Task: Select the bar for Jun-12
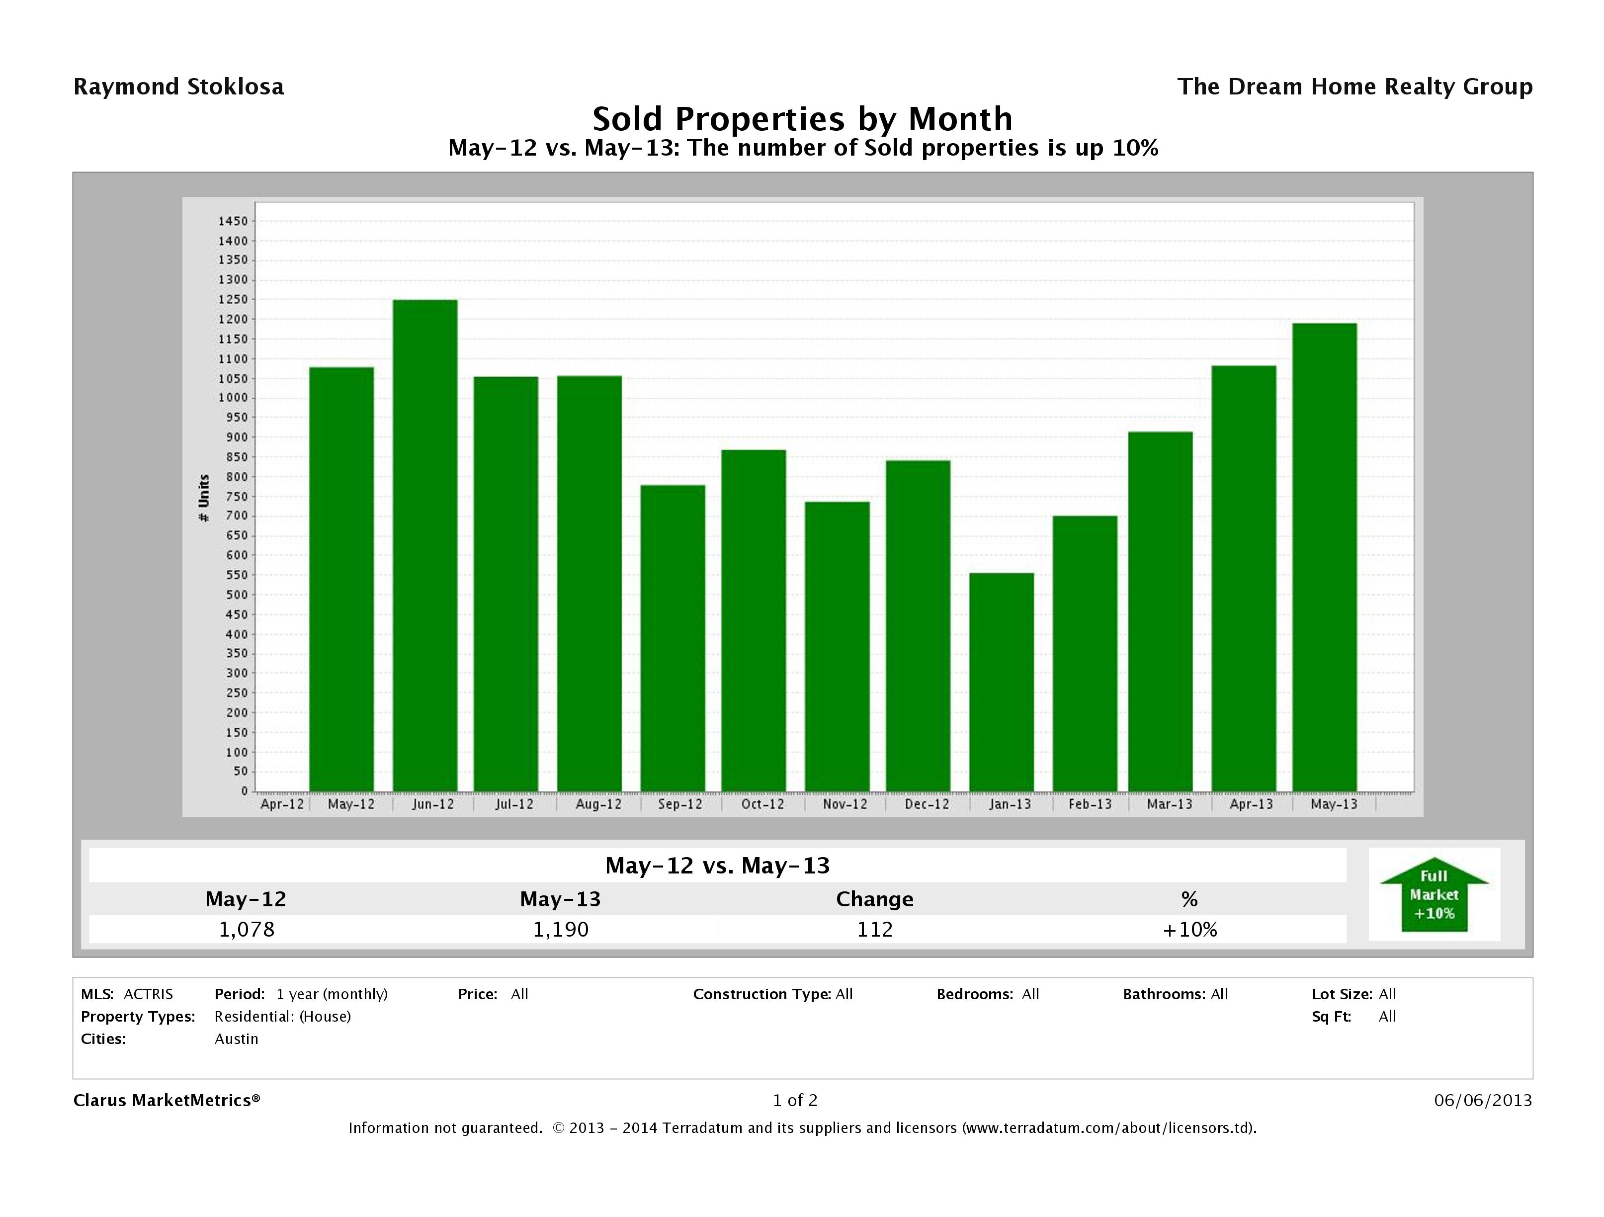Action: (x=425, y=545)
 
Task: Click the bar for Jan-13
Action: (x=1002, y=682)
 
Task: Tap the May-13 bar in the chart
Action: (x=1324, y=557)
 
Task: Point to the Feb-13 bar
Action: (x=1085, y=653)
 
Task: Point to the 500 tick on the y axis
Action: (x=237, y=595)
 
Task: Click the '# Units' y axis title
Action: (x=204, y=498)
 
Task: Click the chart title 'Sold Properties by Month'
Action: (x=802, y=119)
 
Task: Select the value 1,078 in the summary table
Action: (x=247, y=929)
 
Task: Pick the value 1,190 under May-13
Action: (x=561, y=929)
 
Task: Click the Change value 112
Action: (x=874, y=929)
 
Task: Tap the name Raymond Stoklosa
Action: (x=178, y=87)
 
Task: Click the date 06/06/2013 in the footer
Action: (x=1483, y=1100)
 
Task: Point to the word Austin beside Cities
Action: (x=237, y=1039)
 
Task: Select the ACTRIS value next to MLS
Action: (x=148, y=994)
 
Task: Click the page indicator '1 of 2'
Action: (x=795, y=1100)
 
